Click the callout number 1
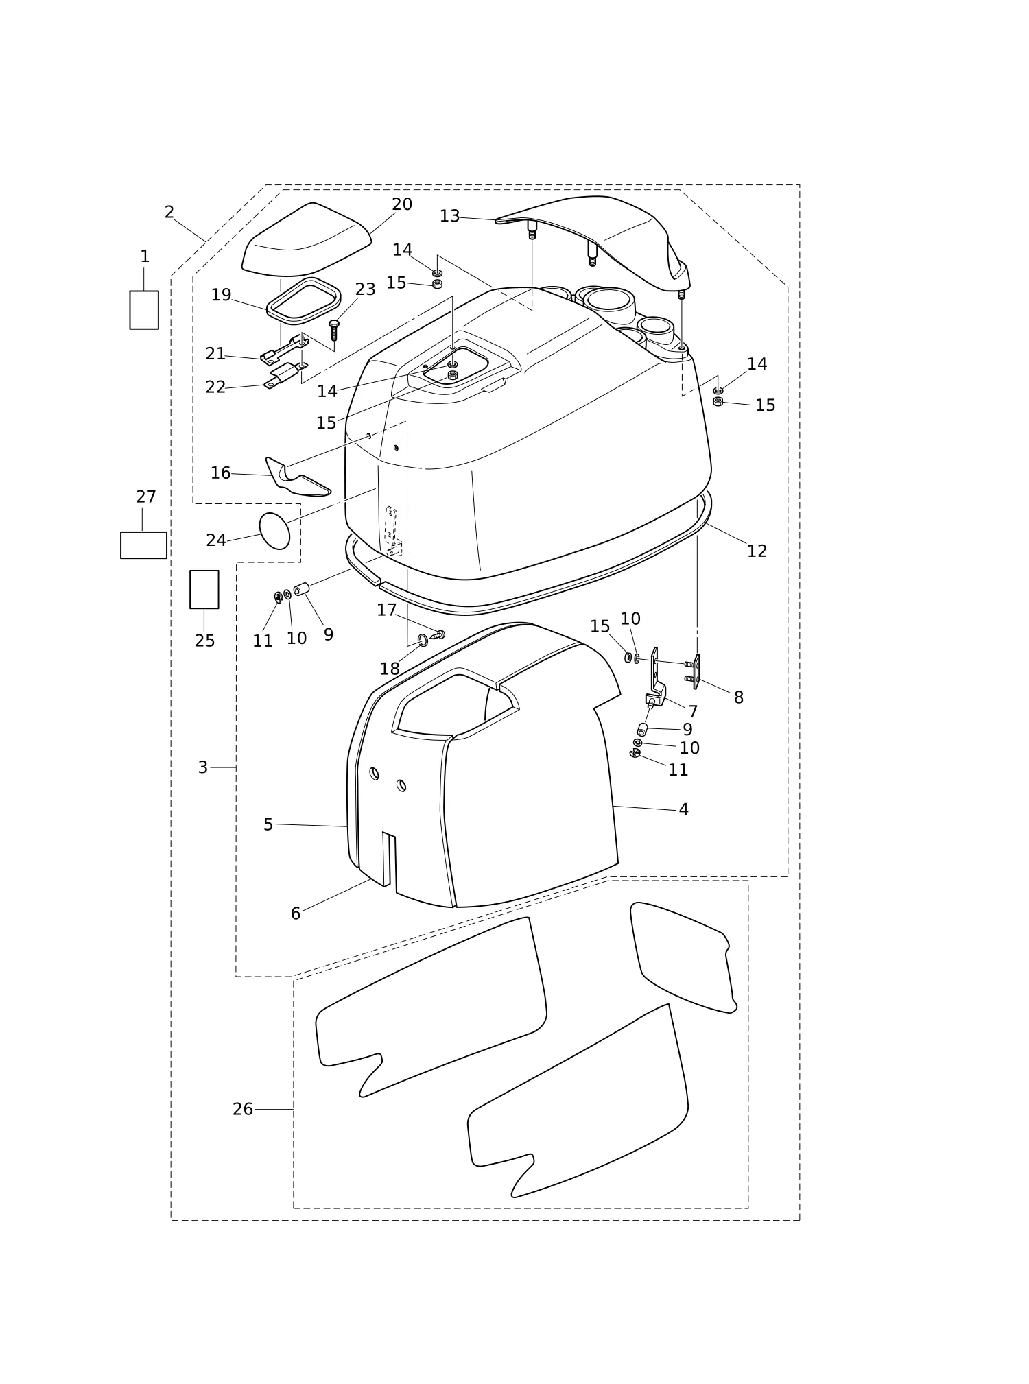click(x=145, y=256)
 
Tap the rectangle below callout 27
click(x=143, y=545)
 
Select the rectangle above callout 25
click(x=204, y=589)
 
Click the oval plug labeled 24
click(x=274, y=531)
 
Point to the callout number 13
click(x=449, y=217)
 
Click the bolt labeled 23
click(x=334, y=330)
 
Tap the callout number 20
click(x=402, y=204)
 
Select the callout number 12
click(x=757, y=551)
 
